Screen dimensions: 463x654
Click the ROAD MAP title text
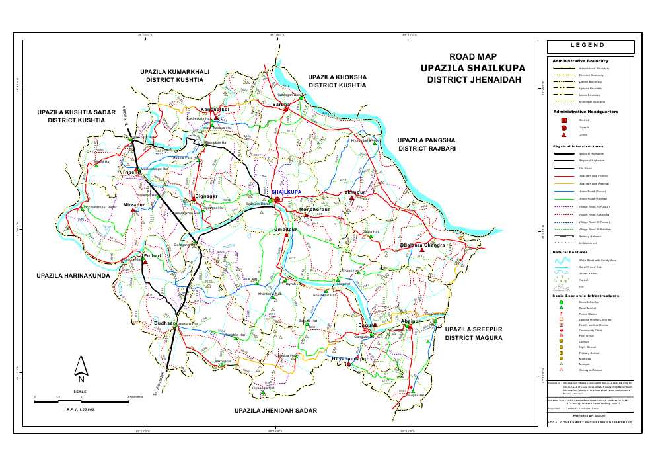pyautogui.click(x=472, y=57)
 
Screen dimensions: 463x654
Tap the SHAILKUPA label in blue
pyautogui.click(x=286, y=192)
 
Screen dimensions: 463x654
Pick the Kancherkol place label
pyautogui.click(x=215, y=109)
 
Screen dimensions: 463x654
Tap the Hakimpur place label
pyautogui.click(x=353, y=192)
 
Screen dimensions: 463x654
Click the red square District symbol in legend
pyautogui.click(x=563, y=120)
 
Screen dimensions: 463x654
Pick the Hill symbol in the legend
pyautogui.click(x=562, y=288)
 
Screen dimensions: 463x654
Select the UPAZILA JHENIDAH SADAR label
pyautogui.click(x=275, y=411)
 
